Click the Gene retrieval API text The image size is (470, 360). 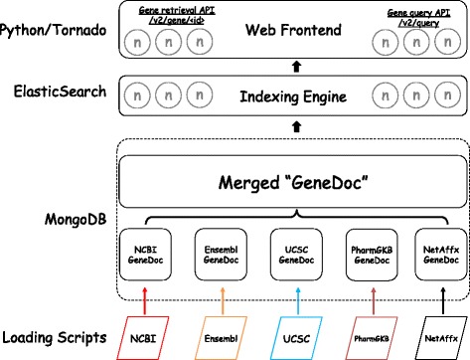[x=160, y=10]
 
